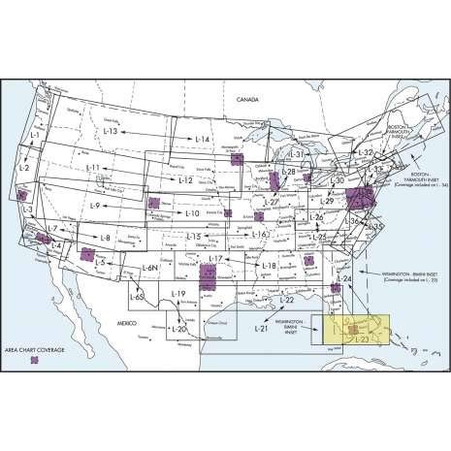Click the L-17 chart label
pos(216,259)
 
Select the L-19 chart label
pos(177,293)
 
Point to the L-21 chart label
pos(260,331)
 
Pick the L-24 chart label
pos(342,279)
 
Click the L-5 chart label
pos(100,263)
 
